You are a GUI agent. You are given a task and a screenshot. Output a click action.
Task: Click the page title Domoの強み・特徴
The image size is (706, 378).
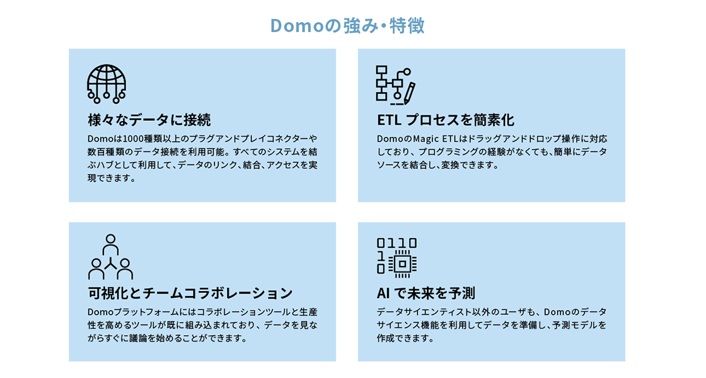click(x=347, y=26)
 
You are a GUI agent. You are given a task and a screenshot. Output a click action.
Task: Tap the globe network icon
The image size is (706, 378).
click(x=107, y=84)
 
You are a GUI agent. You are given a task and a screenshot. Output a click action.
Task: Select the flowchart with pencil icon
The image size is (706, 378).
click(x=395, y=85)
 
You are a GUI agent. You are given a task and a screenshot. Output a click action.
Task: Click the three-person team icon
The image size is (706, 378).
click(x=110, y=256)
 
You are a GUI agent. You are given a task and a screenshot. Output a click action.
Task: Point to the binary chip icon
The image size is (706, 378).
click(x=396, y=258)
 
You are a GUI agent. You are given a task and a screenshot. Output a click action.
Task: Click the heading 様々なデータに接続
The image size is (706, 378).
click(x=149, y=120)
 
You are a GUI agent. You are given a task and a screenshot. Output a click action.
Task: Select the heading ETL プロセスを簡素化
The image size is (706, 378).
click(x=445, y=120)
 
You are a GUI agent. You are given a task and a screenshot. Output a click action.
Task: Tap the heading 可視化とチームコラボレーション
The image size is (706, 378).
click(x=190, y=294)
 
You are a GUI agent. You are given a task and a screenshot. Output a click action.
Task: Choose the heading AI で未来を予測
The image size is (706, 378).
click(x=425, y=294)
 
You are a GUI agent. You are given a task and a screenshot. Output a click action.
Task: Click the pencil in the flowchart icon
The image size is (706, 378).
click(x=409, y=92)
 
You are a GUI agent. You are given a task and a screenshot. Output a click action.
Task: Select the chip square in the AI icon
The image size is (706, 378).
click(x=403, y=264)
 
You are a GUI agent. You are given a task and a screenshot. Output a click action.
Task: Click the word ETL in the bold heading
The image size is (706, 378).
click(x=388, y=120)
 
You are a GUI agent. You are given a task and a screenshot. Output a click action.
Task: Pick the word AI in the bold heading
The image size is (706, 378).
click(x=383, y=294)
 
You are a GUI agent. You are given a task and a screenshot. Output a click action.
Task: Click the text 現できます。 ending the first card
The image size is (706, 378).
click(x=112, y=178)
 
